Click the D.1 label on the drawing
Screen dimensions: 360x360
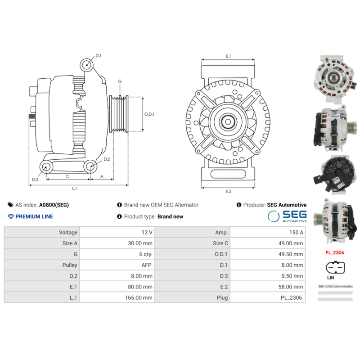(98, 56)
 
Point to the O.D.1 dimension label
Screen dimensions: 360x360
(149, 114)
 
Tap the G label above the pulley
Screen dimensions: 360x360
(120, 81)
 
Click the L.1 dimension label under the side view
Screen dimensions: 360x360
(75, 188)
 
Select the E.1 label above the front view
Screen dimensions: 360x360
(228, 56)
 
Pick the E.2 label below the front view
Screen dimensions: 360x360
(228, 191)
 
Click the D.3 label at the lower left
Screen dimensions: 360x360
(35, 180)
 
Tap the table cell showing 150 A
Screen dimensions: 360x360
(267, 233)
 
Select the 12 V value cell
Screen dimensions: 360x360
(117, 233)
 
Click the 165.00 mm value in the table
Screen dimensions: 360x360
(117, 297)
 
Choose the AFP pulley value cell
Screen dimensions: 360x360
(117, 265)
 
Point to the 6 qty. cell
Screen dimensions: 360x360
(117, 254)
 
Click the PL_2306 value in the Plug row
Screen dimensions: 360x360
(267, 297)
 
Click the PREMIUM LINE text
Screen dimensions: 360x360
(34, 216)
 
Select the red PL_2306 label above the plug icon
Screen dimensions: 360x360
(335, 253)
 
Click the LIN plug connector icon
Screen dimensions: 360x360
(335, 268)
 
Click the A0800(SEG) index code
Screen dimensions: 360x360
(54, 205)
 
